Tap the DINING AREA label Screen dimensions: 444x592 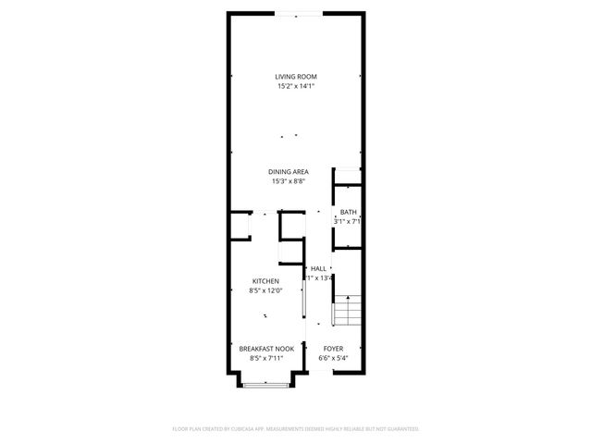click(x=289, y=172)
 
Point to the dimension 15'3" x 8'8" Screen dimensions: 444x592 click(x=289, y=182)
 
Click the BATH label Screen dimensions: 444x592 click(x=347, y=212)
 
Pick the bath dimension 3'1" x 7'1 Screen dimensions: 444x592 click(x=347, y=222)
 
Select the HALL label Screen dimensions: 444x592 click(x=318, y=267)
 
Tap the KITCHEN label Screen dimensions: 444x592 click(x=265, y=281)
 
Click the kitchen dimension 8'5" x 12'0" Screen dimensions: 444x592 click(x=265, y=291)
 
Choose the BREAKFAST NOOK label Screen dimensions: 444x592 click(x=266, y=349)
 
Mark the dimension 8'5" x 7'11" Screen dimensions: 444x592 click(x=266, y=359)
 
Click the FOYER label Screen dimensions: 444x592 click(x=333, y=349)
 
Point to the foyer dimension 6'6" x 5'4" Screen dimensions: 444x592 click(x=333, y=359)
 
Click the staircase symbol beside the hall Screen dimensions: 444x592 click(x=346, y=312)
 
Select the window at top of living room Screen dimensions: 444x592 click(x=297, y=13)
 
